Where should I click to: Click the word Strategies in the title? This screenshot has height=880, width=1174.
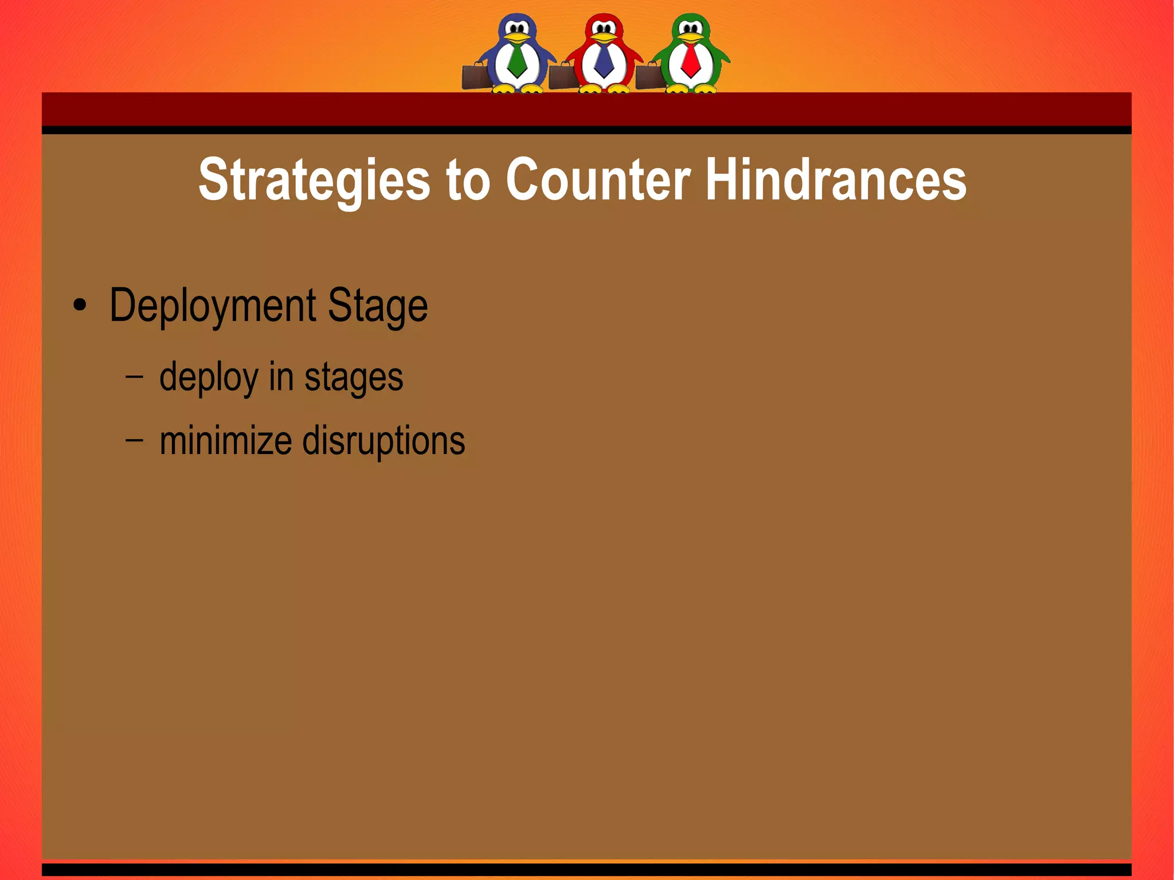pyautogui.click(x=314, y=181)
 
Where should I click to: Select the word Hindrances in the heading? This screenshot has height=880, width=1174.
pyautogui.click(x=836, y=179)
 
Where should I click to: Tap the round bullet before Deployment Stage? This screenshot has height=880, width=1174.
pyautogui.click(x=80, y=306)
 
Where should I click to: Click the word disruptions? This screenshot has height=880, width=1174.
pyautogui.click(x=383, y=441)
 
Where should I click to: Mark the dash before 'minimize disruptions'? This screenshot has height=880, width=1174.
pyautogui.click(x=134, y=440)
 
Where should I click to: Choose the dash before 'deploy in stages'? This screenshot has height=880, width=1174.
pyautogui.click(x=134, y=377)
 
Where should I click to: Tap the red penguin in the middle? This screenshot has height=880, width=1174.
pyautogui.click(x=604, y=52)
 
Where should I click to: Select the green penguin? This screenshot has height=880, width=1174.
pyautogui.click(x=691, y=52)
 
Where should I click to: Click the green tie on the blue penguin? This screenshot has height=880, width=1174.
pyautogui.click(x=517, y=60)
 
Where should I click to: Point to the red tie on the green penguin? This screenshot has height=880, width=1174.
pyautogui.click(x=691, y=60)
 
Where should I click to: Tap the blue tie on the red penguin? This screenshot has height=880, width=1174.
pyautogui.click(x=604, y=60)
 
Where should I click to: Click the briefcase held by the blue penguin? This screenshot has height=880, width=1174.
pyautogui.click(x=475, y=77)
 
